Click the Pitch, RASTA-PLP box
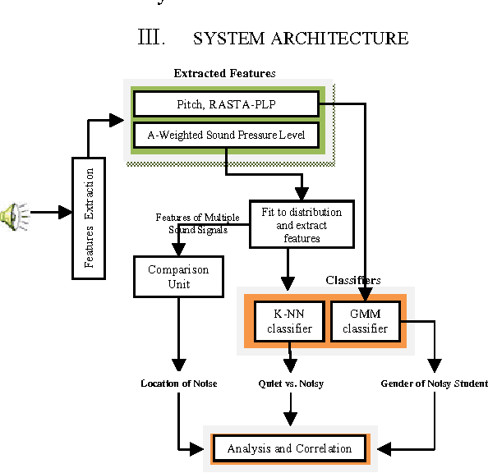225,104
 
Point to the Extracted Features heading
224,74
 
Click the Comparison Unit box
178,277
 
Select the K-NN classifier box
288,322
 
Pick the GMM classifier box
364,322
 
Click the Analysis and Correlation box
289,448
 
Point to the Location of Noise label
178,383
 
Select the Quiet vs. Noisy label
290,383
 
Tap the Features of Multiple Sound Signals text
197,223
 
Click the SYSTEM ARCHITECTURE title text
300,38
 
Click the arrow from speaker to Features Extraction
51,213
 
